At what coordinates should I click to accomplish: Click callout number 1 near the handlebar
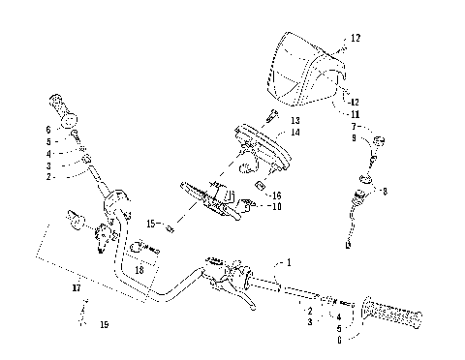pyautogui.click(x=287, y=263)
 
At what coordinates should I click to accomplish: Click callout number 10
pyautogui.click(x=277, y=206)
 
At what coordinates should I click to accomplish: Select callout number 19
pyautogui.click(x=105, y=324)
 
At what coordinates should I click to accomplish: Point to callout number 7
pyautogui.click(x=356, y=127)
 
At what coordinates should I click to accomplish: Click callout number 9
pyautogui.click(x=356, y=138)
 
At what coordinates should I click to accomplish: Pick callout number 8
pyautogui.click(x=385, y=192)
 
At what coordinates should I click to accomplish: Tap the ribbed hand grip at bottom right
pyautogui.click(x=392, y=314)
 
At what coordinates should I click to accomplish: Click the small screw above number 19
pyautogui.click(x=84, y=310)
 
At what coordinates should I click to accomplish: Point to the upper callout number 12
pyautogui.click(x=356, y=38)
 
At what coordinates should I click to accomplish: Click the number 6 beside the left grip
pyautogui.click(x=47, y=129)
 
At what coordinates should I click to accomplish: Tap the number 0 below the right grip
pyautogui.click(x=338, y=339)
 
